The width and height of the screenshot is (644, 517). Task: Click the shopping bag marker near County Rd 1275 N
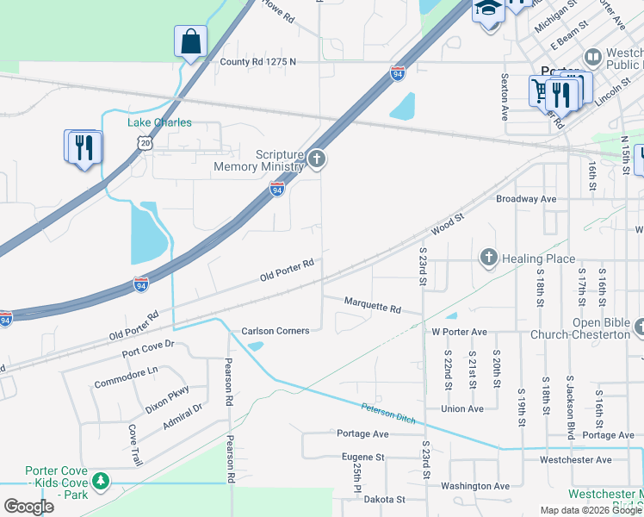tap(190, 41)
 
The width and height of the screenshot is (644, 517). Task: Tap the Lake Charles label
tap(160, 122)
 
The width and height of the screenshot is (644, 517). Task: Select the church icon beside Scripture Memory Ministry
tap(317, 158)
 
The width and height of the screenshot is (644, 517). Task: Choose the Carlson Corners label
tap(275, 331)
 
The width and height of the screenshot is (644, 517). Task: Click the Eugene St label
tap(362, 458)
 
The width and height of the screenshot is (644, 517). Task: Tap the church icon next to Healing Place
tap(488, 258)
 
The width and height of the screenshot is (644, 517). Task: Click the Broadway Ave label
tap(526, 198)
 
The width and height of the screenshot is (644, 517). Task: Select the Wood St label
tap(447, 225)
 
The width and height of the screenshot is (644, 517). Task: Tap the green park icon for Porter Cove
tap(102, 479)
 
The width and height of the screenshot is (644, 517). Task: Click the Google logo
tap(28, 507)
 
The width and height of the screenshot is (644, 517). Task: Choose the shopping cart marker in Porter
tap(542, 90)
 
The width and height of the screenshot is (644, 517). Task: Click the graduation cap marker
tap(487, 9)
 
